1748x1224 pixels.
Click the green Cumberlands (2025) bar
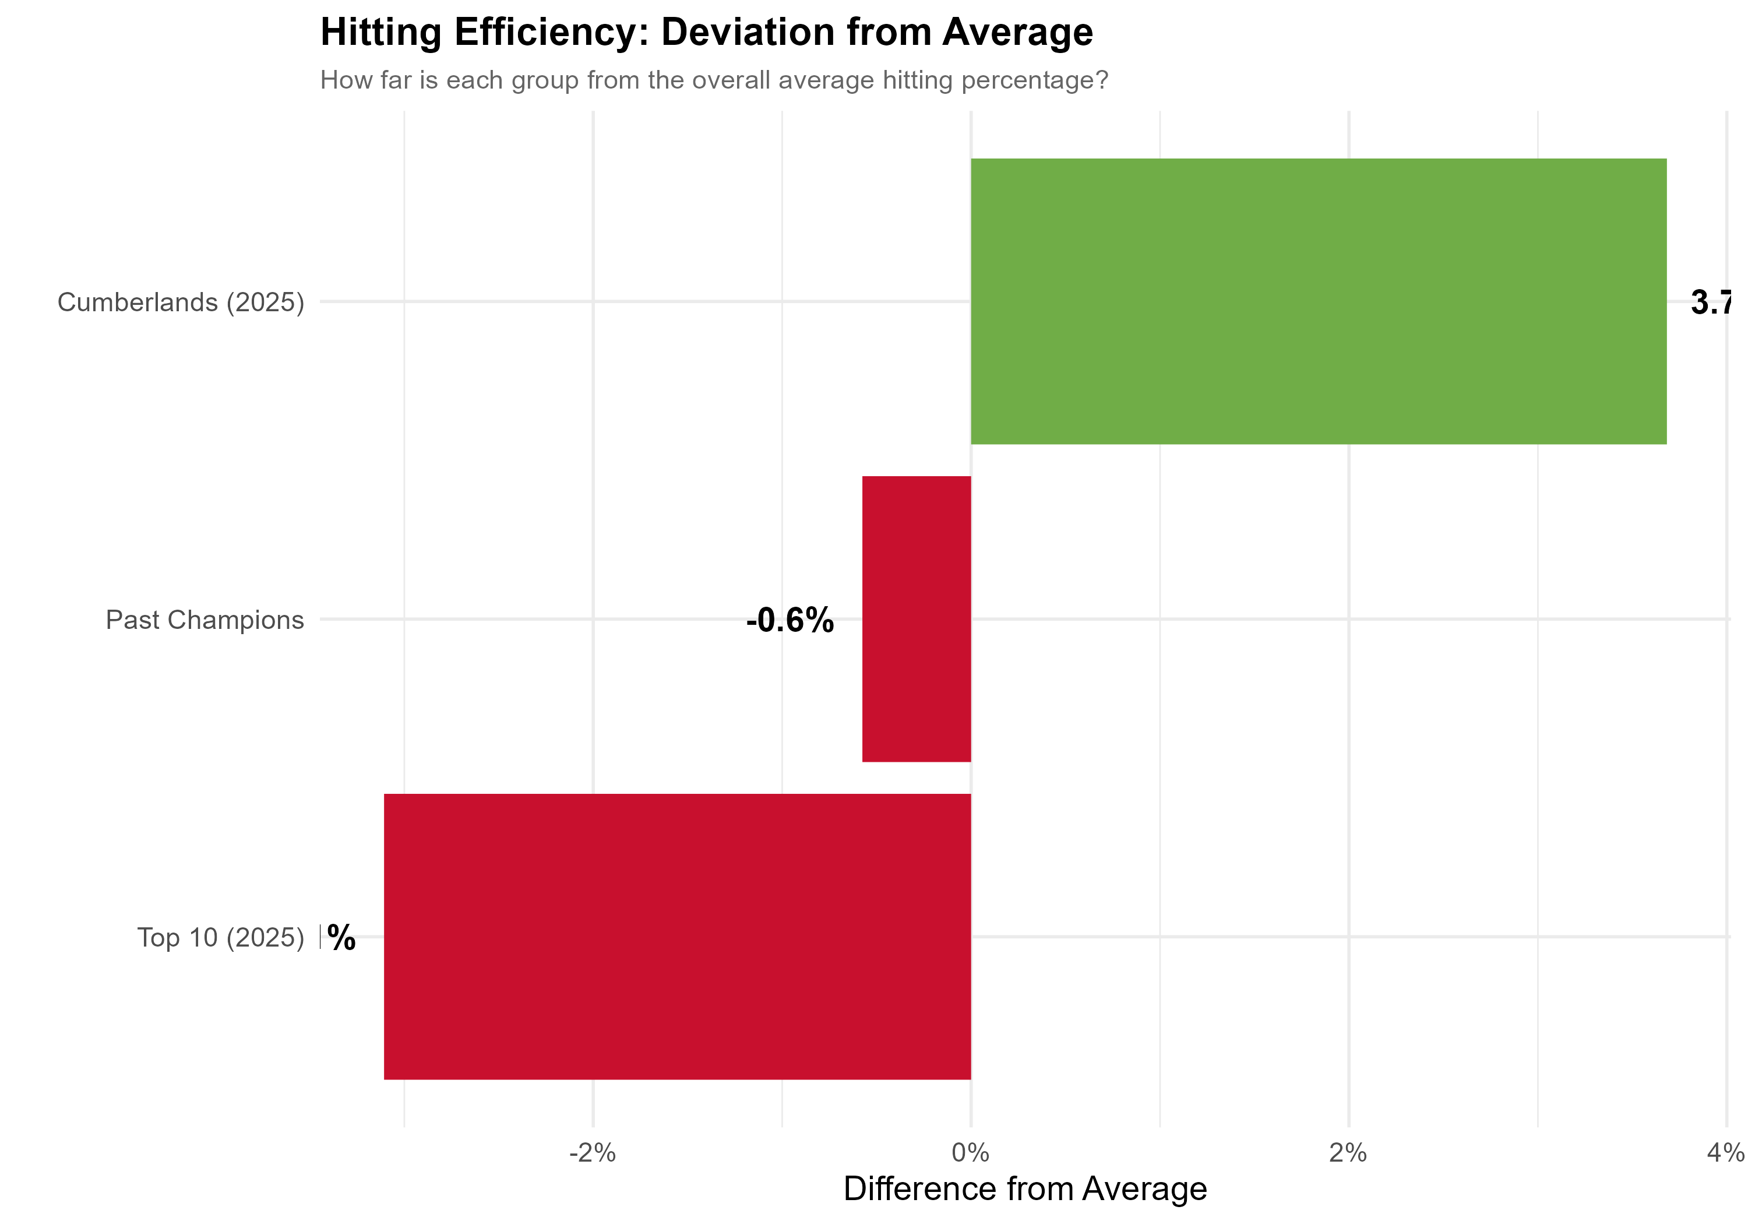(1318, 301)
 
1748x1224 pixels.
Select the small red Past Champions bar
(916, 618)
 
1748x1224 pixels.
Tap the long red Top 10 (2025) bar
(677, 936)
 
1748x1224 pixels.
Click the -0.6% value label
(790, 620)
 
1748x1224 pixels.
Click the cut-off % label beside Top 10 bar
(341, 938)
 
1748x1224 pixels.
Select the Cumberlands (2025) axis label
(181, 303)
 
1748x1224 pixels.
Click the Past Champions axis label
(204, 620)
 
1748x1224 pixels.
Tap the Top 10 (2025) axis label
(220, 938)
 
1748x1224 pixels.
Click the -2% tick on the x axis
(593, 1153)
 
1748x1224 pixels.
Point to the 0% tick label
(971, 1153)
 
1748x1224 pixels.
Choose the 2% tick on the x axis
(1348, 1153)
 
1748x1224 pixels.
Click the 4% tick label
(1725, 1153)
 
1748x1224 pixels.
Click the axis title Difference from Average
(1025, 1189)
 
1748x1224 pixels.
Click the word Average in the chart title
(1017, 33)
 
